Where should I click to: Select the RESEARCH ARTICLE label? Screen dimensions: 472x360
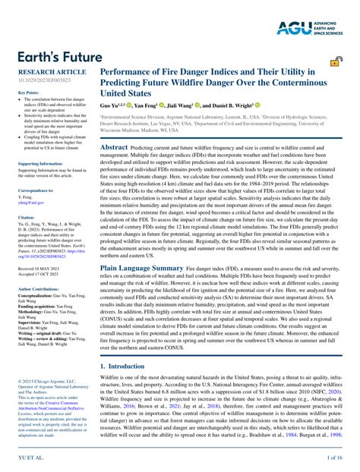click(46, 71)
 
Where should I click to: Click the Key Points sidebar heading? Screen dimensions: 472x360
click(28, 93)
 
